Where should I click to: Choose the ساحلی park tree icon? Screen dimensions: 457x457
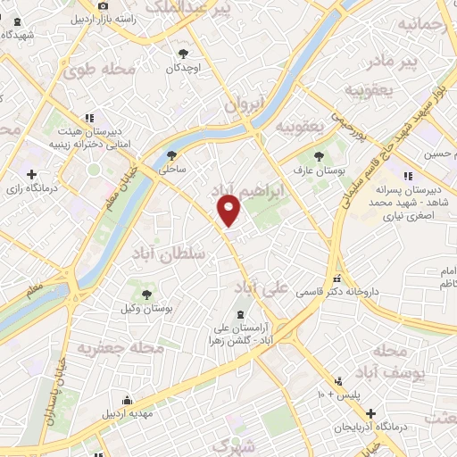click(172, 154)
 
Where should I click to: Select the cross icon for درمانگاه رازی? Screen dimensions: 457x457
click(32, 175)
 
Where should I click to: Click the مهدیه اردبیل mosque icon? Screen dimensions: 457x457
click(127, 400)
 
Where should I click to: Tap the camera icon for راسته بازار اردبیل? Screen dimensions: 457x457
click(104, 5)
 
